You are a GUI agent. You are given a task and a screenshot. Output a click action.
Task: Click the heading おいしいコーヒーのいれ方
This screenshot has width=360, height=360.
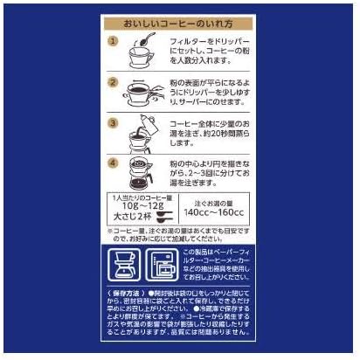(181, 22)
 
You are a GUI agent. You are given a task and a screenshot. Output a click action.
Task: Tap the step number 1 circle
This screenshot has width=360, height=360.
(113, 42)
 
